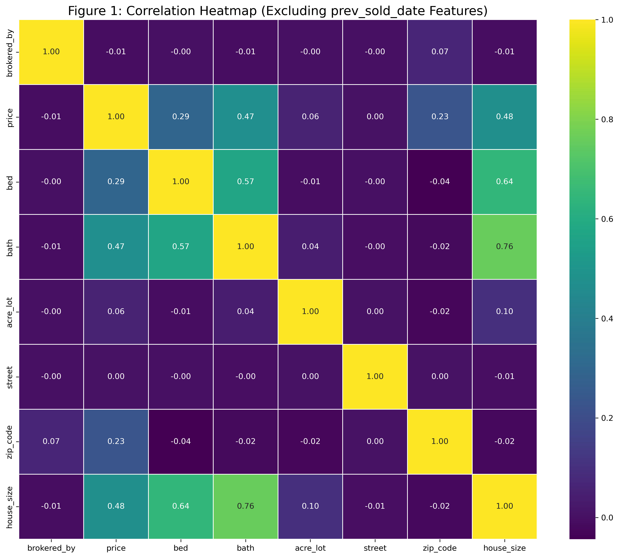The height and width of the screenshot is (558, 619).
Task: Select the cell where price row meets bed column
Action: coord(181,117)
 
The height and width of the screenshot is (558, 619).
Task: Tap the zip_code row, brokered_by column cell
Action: coord(51,441)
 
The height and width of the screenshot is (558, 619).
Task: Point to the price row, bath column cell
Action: coord(245,117)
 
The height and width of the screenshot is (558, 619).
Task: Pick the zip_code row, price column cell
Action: coord(116,441)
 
